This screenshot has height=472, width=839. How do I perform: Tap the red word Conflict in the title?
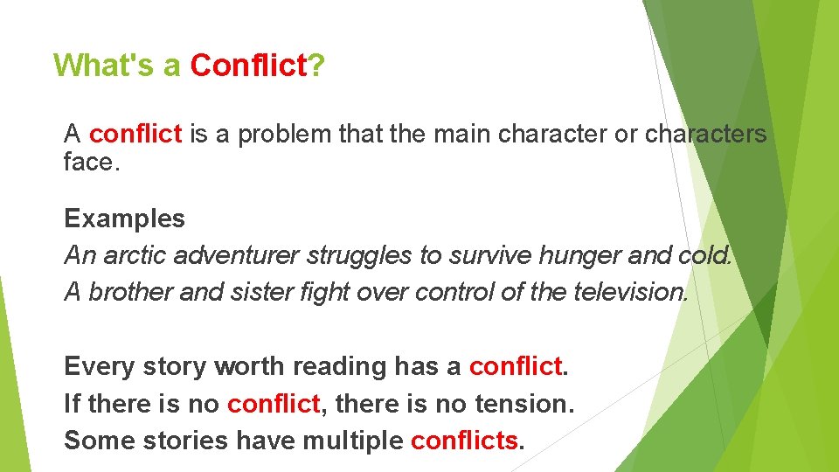coord(247,66)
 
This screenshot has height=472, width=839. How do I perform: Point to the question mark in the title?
coord(315,66)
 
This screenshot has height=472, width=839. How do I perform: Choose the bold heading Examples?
coord(125,219)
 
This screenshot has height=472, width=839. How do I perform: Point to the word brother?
coord(130,292)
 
